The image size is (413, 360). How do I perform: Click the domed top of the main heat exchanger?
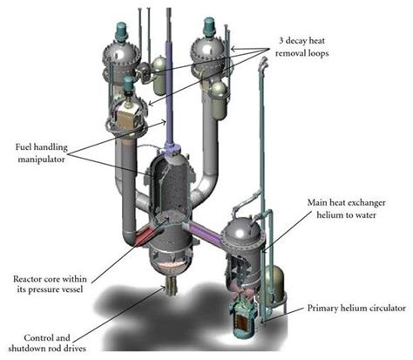(246, 232)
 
